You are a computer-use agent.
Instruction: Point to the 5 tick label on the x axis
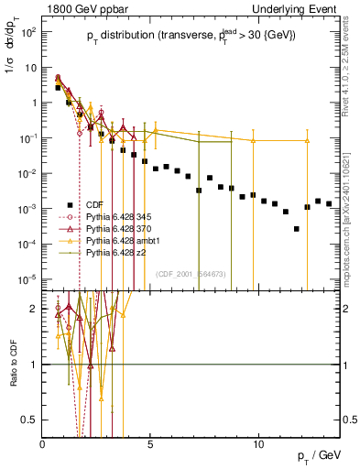click(x=151, y=444)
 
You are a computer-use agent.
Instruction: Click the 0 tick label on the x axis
click(x=43, y=444)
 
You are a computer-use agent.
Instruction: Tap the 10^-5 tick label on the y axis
click(x=27, y=278)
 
